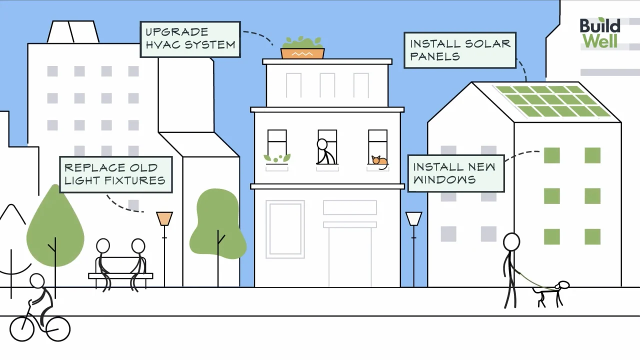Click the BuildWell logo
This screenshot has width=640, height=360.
[x=600, y=33]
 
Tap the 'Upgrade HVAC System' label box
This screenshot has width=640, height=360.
[x=190, y=39]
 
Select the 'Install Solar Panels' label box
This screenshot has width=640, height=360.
[x=460, y=50]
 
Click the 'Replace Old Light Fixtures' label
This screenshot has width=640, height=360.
[x=115, y=174]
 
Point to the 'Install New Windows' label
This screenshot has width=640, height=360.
[x=455, y=173]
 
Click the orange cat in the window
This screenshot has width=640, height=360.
[x=379, y=160]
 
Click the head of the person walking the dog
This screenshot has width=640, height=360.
[x=511, y=242]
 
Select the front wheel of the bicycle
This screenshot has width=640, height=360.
[x=58, y=328]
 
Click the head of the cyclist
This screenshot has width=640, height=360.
[x=37, y=281]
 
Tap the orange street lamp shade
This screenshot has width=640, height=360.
[x=164, y=218]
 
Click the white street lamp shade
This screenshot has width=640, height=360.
[x=413, y=218]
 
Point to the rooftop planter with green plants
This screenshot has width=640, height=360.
[x=302, y=48]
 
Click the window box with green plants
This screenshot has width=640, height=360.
[x=277, y=159]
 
